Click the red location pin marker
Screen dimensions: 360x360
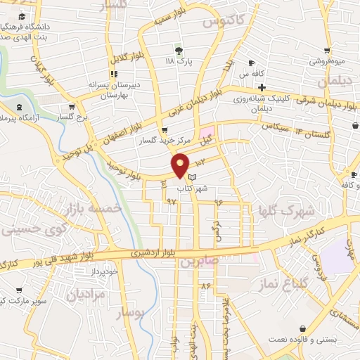pos(181,165)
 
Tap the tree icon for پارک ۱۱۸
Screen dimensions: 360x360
pos(178,50)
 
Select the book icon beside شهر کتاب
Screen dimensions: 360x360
pos(193,178)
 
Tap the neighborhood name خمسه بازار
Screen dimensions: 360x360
pos(92,210)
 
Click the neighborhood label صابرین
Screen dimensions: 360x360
pos(198,262)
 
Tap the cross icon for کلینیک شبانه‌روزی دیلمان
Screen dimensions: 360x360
pos(261,88)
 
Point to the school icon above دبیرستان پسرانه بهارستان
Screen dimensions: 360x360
pos(112,73)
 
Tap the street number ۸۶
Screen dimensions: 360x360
pos(206,286)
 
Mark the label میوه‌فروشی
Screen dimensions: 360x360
pos(328,62)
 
